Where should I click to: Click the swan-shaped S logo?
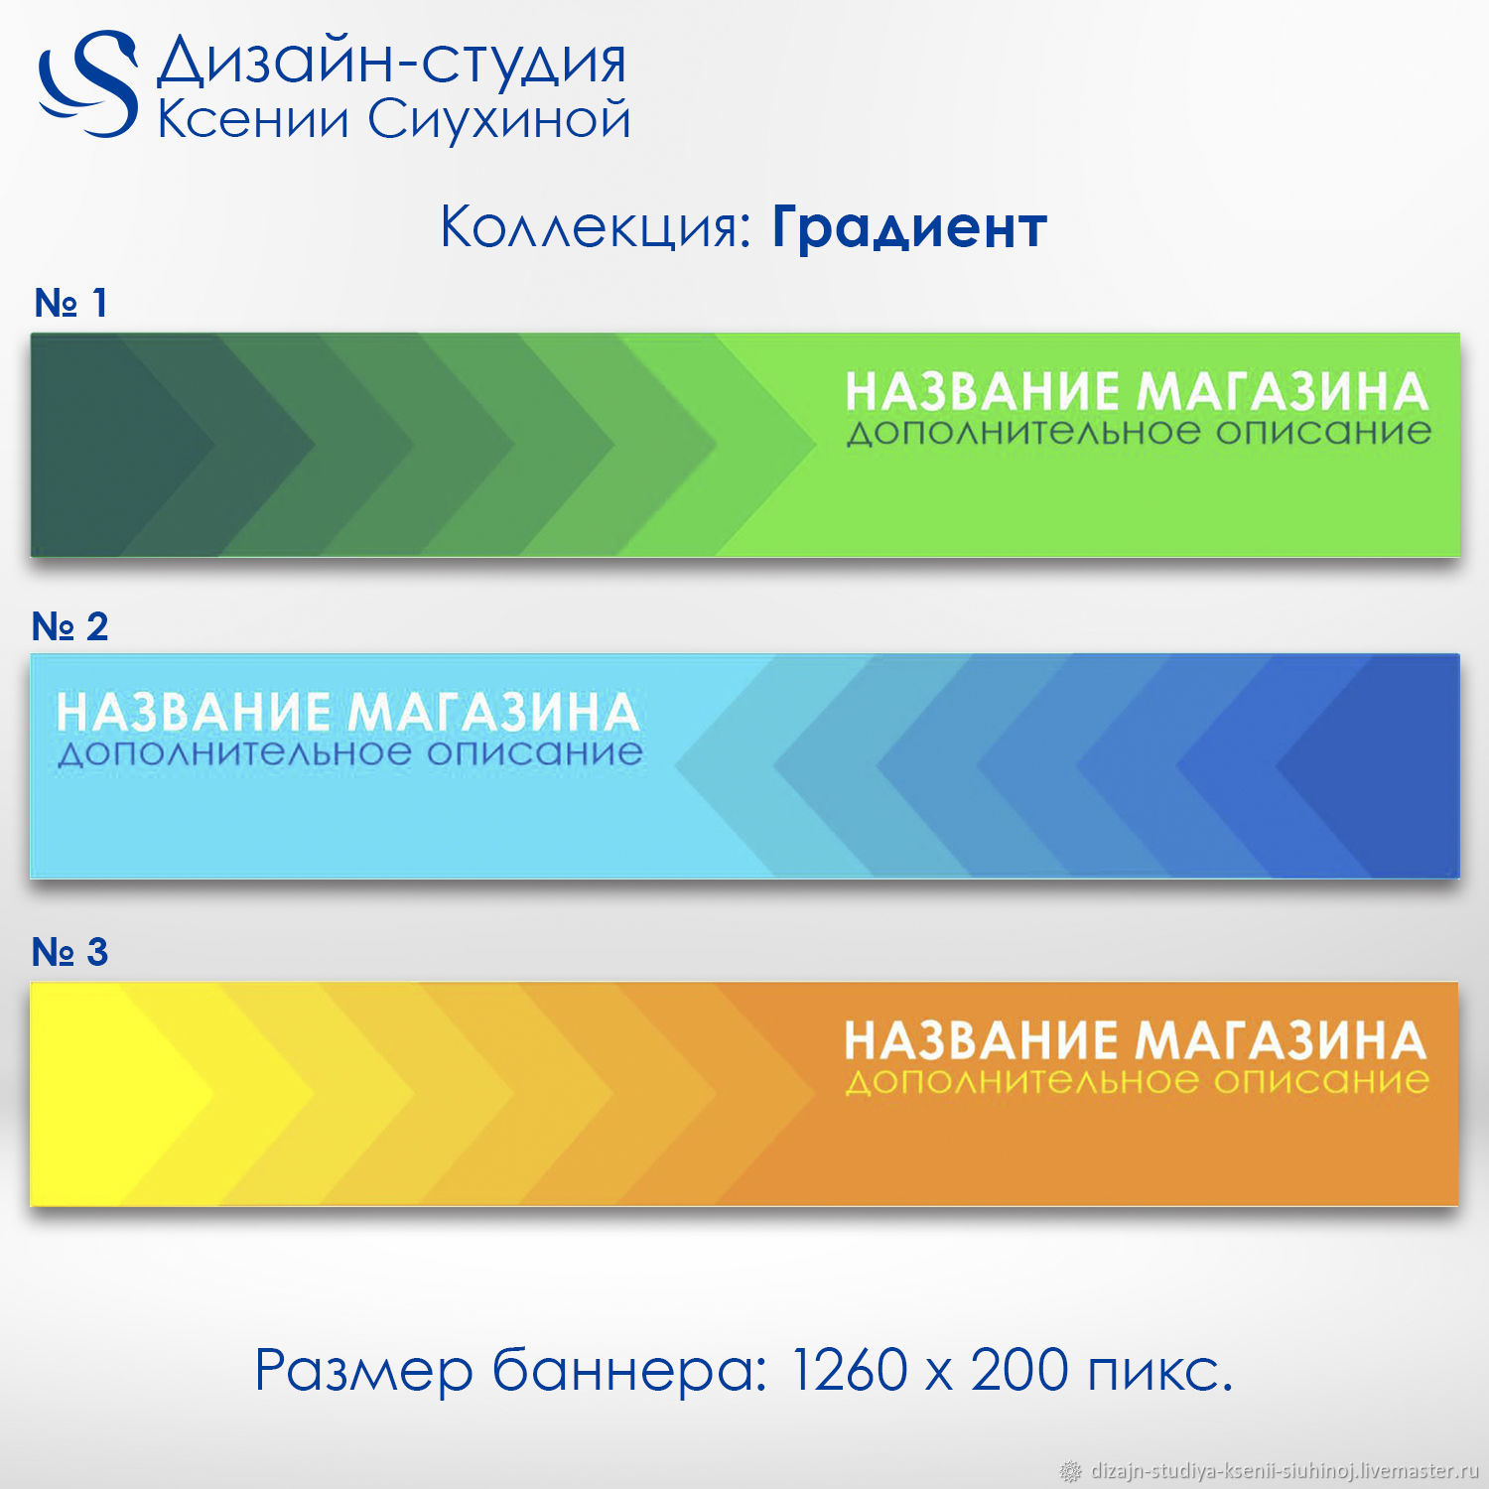tap(87, 83)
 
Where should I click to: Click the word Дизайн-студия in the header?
tap(392, 62)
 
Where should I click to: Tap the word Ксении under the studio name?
tap(254, 119)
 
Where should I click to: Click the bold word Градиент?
tap(909, 227)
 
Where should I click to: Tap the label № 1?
tap(70, 303)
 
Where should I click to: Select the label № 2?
tap(69, 626)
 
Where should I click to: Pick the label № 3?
tap(69, 952)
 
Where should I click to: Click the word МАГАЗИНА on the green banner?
tap(1283, 391)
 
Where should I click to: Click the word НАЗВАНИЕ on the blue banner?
tap(194, 713)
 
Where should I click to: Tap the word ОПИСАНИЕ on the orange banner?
tap(1321, 1081)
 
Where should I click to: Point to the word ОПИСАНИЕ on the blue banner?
tap(535, 752)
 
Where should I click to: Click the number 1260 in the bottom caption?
tap(850, 1370)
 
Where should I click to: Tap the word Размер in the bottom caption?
tap(364, 1372)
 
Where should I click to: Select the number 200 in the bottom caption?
tap(1019, 1370)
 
